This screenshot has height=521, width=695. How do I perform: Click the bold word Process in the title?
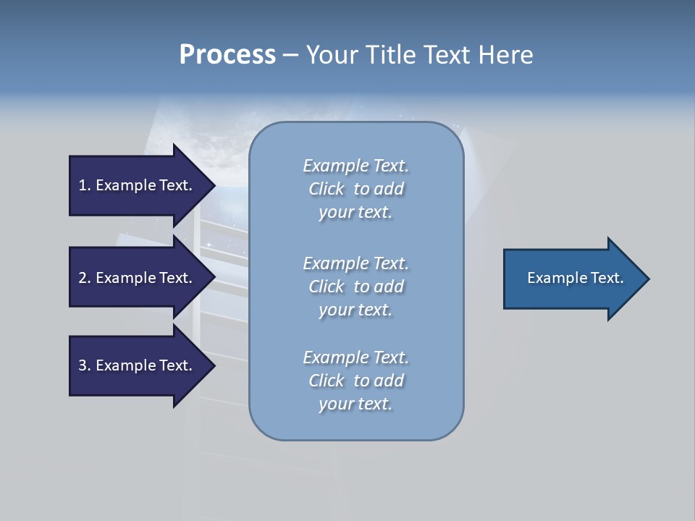pos(227,55)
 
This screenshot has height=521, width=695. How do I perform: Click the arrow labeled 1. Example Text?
pos(138,185)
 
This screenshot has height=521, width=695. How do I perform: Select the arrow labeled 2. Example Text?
pos(138,278)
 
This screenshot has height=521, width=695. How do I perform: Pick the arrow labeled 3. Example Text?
pos(138,365)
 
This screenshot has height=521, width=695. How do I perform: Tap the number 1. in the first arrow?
pos(85,185)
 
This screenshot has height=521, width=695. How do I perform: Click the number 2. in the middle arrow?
pos(85,278)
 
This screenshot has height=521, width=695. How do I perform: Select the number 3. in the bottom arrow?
pos(85,365)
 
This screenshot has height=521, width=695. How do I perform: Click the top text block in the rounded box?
pos(355,189)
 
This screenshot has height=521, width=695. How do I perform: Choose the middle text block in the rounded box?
pos(355,287)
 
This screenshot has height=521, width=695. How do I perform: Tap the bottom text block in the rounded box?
pos(355,381)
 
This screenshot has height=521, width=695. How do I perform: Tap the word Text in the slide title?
pos(448,55)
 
